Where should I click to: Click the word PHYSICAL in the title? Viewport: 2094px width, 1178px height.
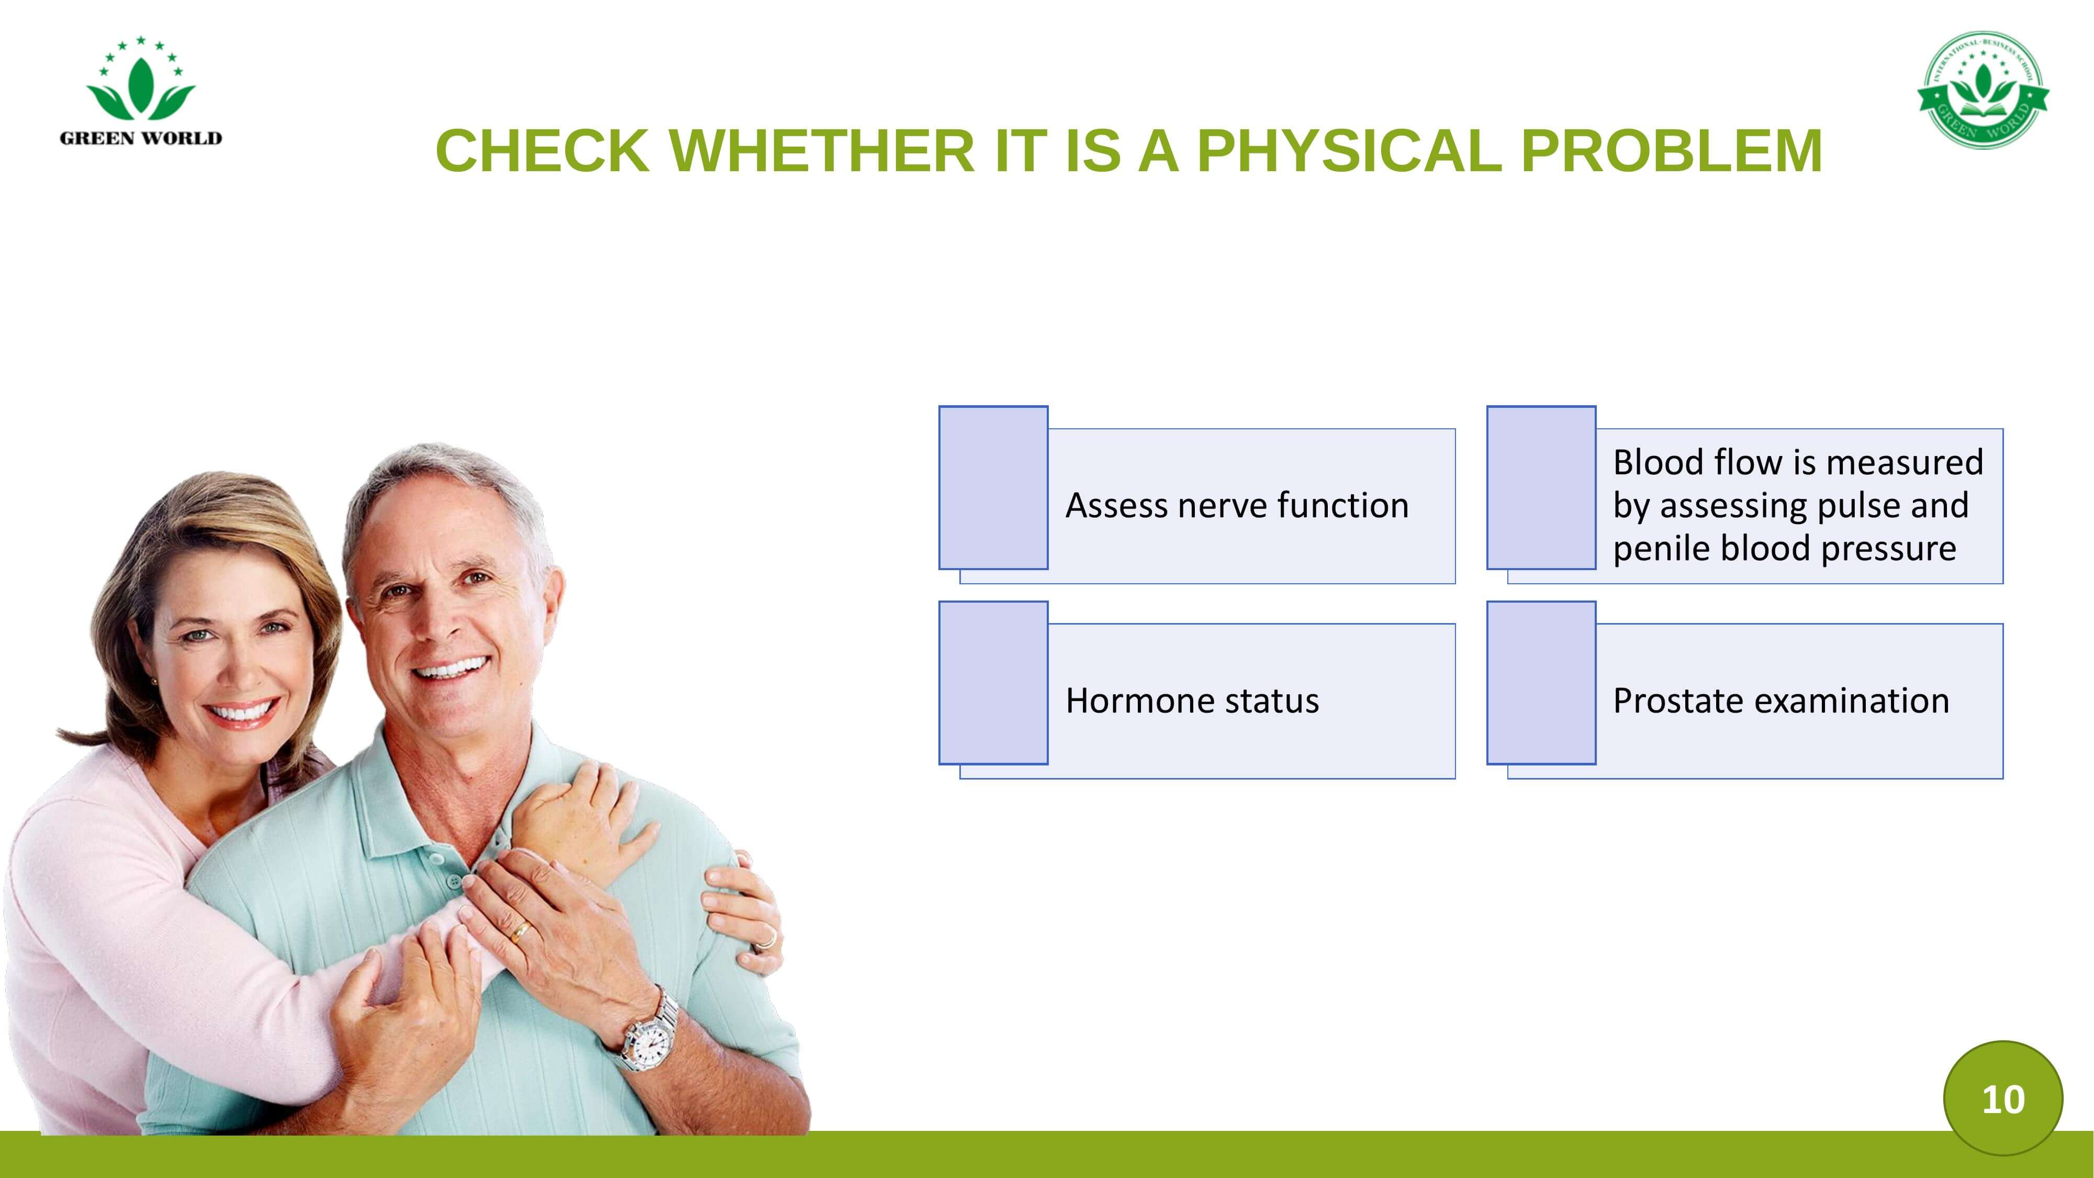(x=1349, y=151)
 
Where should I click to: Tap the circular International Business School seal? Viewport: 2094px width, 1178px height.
(x=1984, y=90)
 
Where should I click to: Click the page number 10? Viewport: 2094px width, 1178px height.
(x=2003, y=1099)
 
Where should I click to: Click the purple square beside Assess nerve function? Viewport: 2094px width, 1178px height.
(x=993, y=488)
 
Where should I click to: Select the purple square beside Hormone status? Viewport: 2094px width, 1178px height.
(x=993, y=683)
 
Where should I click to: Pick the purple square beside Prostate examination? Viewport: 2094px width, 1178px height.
(x=1541, y=683)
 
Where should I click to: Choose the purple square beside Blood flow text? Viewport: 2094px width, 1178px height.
(x=1541, y=488)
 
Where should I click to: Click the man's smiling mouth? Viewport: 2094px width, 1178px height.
(x=450, y=669)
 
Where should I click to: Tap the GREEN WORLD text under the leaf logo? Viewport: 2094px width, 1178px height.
(x=141, y=138)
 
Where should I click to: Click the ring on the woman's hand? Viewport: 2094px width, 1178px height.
(x=766, y=941)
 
